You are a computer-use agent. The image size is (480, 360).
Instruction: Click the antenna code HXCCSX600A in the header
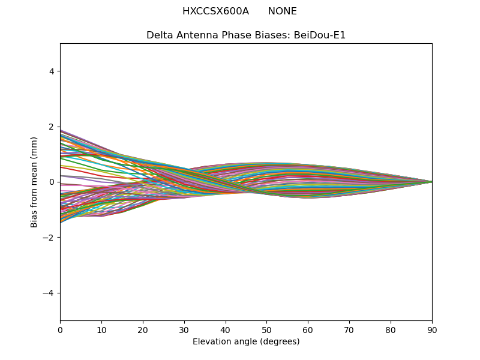pyautogui.click(x=215, y=11)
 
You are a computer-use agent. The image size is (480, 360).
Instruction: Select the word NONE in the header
pyautogui.click(x=282, y=11)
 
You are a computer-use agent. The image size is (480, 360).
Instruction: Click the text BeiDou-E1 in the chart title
pyautogui.click(x=320, y=35)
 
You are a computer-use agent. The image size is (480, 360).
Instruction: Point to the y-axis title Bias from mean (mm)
pyautogui.click(x=34, y=182)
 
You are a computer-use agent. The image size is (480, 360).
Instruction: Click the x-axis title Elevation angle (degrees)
pyautogui.click(x=246, y=341)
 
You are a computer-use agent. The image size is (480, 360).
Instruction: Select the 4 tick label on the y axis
pyautogui.click(x=52, y=71)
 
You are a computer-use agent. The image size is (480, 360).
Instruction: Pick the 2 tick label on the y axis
pyautogui.click(x=52, y=127)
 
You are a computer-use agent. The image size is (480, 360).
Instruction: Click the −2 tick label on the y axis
pyautogui.click(x=49, y=238)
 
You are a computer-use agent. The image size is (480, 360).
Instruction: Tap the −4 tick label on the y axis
pyautogui.click(x=49, y=293)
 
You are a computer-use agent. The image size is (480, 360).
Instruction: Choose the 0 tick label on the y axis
pyautogui.click(x=52, y=182)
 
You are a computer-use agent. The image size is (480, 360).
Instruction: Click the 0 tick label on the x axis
pyautogui.click(x=61, y=331)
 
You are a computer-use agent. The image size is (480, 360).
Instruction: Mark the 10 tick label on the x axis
pyautogui.click(x=101, y=331)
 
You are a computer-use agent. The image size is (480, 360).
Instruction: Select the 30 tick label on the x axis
pyautogui.click(x=184, y=331)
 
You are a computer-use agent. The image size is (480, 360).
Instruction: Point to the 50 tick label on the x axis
pyautogui.click(x=266, y=331)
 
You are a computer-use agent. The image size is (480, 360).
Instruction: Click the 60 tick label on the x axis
pyautogui.click(x=308, y=331)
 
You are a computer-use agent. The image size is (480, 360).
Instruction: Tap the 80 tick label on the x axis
pyautogui.click(x=391, y=331)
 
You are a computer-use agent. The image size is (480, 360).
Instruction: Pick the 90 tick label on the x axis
pyautogui.click(x=432, y=331)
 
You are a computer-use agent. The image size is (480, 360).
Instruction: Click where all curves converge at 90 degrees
pyautogui.click(x=432, y=182)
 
